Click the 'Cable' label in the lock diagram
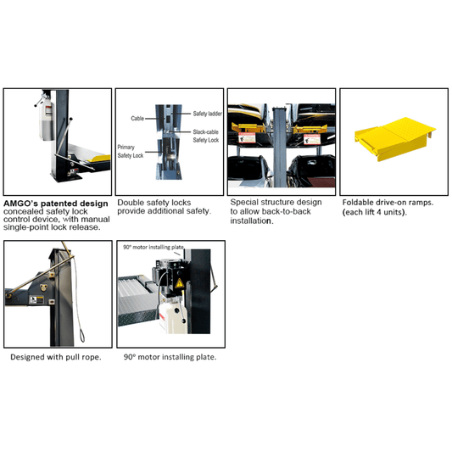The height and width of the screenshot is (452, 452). pyautogui.click(x=137, y=118)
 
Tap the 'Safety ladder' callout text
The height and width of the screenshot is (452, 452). pyautogui.click(x=207, y=114)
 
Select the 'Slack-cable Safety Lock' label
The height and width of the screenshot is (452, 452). pyautogui.click(x=206, y=136)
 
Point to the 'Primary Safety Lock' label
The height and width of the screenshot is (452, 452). pyautogui.click(x=131, y=151)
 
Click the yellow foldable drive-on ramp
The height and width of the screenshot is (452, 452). pyautogui.click(x=395, y=139)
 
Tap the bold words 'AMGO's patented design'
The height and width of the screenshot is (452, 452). pyautogui.click(x=56, y=204)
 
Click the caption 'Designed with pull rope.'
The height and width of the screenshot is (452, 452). pyautogui.click(x=56, y=357)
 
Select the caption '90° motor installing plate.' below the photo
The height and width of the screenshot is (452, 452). pyautogui.click(x=170, y=357)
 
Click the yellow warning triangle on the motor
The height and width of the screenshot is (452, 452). pyautogui.click(x=179, y=283)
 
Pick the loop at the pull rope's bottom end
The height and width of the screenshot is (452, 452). pyautogui.click(x=82, y=335)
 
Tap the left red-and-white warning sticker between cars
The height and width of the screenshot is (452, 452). pyautogui.click(x=247, y=137)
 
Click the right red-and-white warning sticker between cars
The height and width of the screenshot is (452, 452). pyautogui.click(x=311, y=139)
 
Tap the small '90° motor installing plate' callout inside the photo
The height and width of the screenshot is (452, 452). pyautogui.click(x=153, y=247)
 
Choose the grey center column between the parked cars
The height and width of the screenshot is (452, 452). pyautogui.click(x=280, y=147)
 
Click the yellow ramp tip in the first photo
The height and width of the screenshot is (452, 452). pyautogui.click(x=99, y=159)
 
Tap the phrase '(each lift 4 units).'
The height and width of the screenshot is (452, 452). pyautogui.click(x=375, y=212)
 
